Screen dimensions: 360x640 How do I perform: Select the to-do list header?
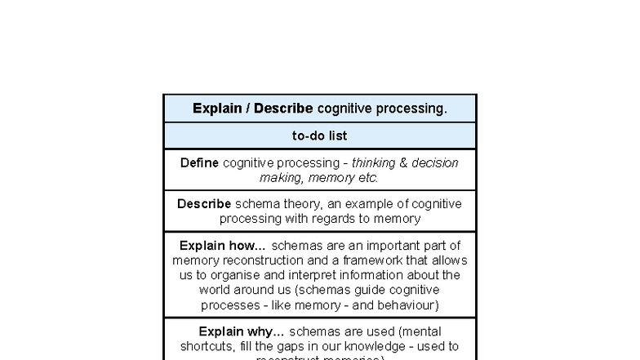[320, 136]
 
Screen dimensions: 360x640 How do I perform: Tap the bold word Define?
[199, 162]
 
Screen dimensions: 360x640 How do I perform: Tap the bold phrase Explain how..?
[222, 246]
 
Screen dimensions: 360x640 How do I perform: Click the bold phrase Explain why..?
[242, 331]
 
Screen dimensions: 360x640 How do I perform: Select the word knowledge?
[398, 346]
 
